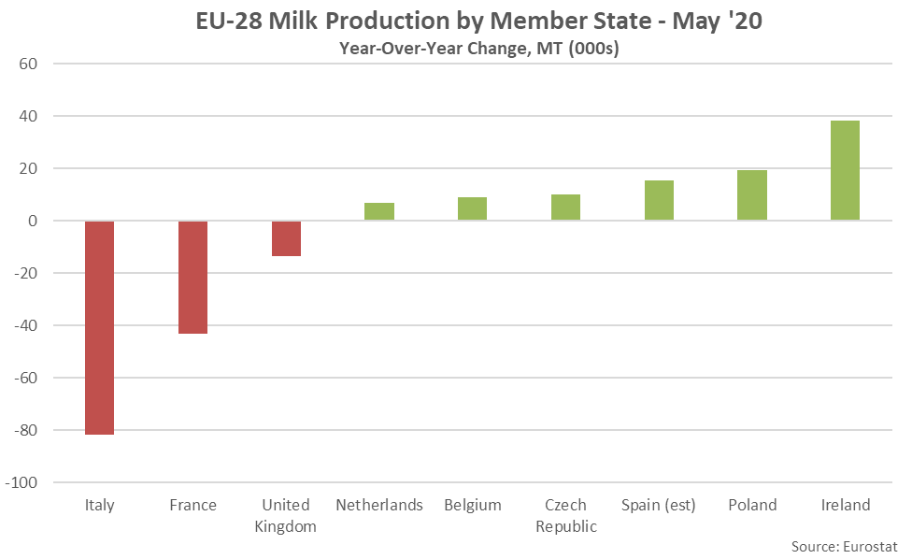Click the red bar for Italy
(99, 327)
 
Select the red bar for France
(192, 277)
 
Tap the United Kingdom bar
(286, 238)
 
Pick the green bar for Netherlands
(379, 211)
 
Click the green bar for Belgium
(472, 209)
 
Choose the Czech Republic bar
(565, 208)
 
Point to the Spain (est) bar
(659, 201)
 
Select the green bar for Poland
(752, 195)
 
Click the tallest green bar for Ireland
(845, 171)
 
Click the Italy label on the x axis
(99, 505)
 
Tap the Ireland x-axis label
(845, 505)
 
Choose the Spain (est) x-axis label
(659, 505)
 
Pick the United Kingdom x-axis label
(286, 515)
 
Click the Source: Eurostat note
(844, 543)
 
